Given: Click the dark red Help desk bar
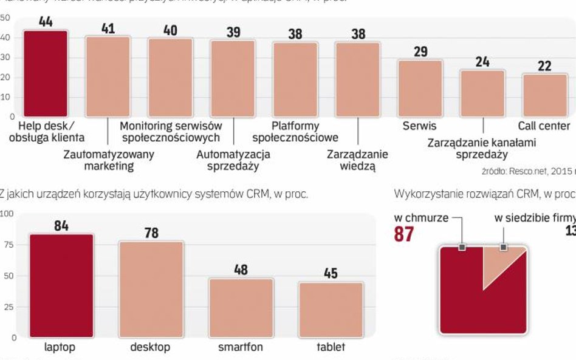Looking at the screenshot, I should pyautogui.click(x=46, y=73).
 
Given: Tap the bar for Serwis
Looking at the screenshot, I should pyautogui.click(x=420, y=88).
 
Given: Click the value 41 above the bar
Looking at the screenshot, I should pyautogui.click(x=108, y=29).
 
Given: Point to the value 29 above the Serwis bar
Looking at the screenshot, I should pyautogui.click(x=420, y=52).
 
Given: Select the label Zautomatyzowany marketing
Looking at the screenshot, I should pyautogui.click(x=109, y=160).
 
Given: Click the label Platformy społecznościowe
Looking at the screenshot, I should pyautogui.click(x=295, y=132).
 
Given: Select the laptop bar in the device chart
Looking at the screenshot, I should pyautogui.click(x=61, y=285).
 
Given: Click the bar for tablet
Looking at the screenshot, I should pyautogui.click(x=331, y=309).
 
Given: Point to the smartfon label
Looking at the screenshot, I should pyautogui.click(x=241, y=347).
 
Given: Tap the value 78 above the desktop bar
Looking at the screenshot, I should pyautogui.click(x=151, y=233).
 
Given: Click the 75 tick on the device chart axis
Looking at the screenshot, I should pyautogui.click(x=7, y=244).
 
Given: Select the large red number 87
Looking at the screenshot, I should pyautogui.click(x=403, y=234).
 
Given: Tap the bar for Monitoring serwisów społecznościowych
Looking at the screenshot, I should pyautogui.click(x=171, y=77).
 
